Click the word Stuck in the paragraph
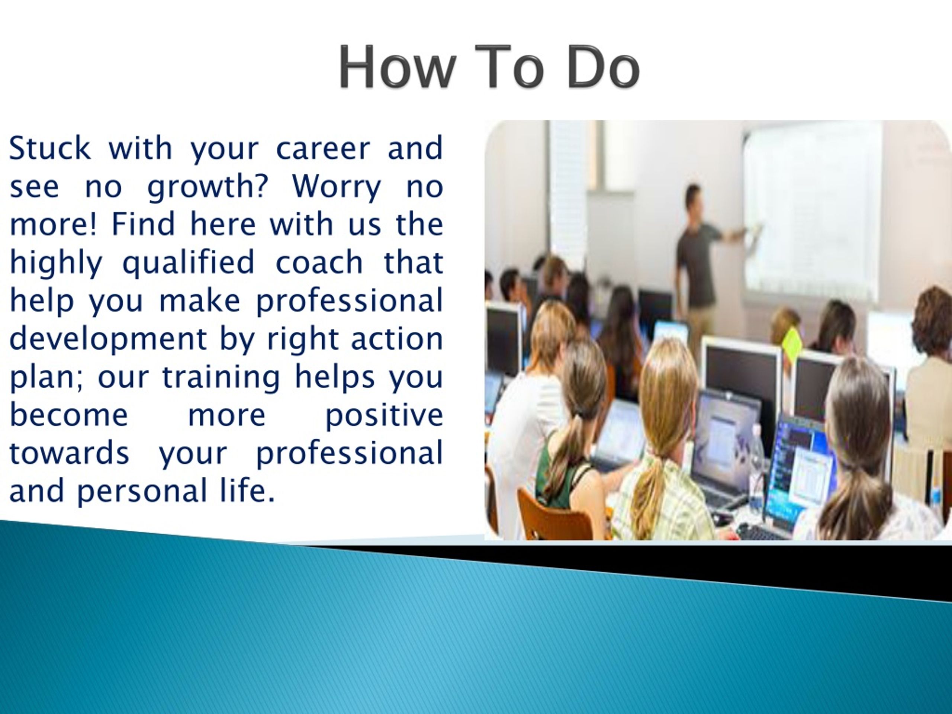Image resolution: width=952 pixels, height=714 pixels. pos(50,148)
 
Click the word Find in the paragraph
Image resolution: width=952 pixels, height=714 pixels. pos(143,224)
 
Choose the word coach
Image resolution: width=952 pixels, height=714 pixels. pos(319,263)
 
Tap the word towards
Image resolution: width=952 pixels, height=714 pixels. pos(69,453)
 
